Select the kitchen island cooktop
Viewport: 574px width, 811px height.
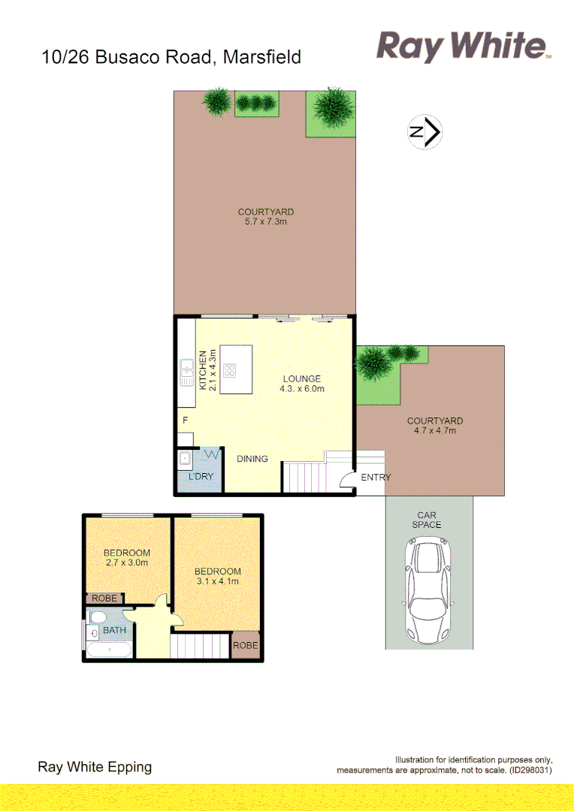[231, 370]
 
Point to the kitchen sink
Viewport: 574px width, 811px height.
[186, 372]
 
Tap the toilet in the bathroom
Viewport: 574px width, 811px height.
[95, 618]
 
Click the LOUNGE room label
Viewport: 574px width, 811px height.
[301, 378]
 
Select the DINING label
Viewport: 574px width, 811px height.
[252, 458]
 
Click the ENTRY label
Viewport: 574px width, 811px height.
[376, 478]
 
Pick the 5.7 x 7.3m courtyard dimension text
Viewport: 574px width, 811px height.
[265, 222]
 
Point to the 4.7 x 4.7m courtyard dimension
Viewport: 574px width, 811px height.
[435, 431]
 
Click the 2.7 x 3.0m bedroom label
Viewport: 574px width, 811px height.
[126, 562]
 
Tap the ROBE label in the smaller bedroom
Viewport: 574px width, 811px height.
[104, 598]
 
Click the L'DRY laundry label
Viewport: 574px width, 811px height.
[201, 477]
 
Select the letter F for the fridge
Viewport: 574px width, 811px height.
[185, 420]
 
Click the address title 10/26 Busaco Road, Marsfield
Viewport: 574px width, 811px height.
[172, 56]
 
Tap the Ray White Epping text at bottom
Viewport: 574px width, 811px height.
[95, 767]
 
